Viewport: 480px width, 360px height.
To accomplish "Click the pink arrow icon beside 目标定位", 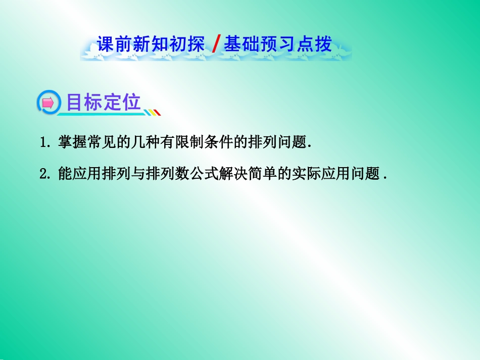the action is (48, 103).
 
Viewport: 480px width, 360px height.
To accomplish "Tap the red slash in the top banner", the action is (216, 43).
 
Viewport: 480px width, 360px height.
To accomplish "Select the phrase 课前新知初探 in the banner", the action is (151, 44).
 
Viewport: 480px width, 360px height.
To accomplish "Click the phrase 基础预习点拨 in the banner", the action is (278, 44).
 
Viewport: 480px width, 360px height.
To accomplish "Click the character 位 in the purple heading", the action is (132, 102).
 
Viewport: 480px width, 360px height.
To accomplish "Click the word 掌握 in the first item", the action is (73, 142).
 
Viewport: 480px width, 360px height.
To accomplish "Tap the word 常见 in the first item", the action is (102, 142).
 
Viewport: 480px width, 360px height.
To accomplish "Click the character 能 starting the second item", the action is (65, 173).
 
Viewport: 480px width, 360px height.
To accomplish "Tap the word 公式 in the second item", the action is (204, 173).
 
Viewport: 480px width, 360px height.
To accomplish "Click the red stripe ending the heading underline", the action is (157, 112).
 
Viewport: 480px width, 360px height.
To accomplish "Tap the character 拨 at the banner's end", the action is (323, 44).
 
